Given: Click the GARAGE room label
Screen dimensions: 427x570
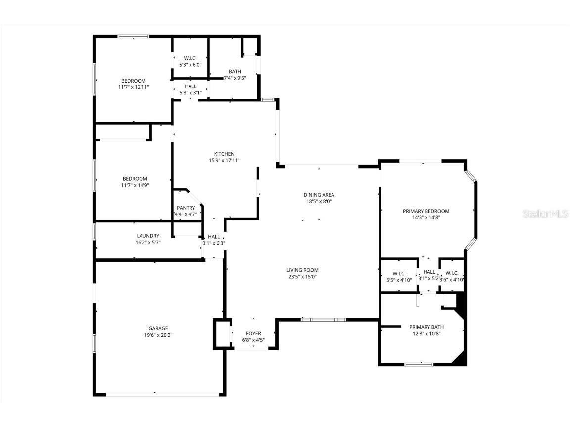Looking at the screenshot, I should click(158, 328).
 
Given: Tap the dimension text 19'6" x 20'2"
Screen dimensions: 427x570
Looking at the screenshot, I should click(158, 335).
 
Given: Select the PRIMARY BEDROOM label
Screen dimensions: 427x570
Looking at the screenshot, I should click(426, 211).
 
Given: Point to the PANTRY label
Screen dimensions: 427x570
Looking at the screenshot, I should click(186, 208).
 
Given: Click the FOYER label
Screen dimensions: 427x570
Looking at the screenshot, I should click(253, 333).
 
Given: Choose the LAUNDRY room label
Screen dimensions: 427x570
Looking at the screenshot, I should click(148, 236).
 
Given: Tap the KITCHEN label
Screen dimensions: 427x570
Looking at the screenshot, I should click(224, 154).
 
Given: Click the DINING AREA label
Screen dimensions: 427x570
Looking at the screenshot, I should click(319, 195).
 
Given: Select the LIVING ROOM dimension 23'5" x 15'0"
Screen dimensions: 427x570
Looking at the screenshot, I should click(302, 277).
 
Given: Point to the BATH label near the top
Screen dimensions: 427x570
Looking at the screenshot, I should click(235, 71).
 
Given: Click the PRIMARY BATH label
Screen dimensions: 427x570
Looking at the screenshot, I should click(426, 327).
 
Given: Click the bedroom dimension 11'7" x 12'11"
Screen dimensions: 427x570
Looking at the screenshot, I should click(134, 87).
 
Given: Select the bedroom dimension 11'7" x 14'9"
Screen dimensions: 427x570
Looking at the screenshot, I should click(135, 185).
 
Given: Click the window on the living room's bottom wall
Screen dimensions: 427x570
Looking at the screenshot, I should click(324, 320).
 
